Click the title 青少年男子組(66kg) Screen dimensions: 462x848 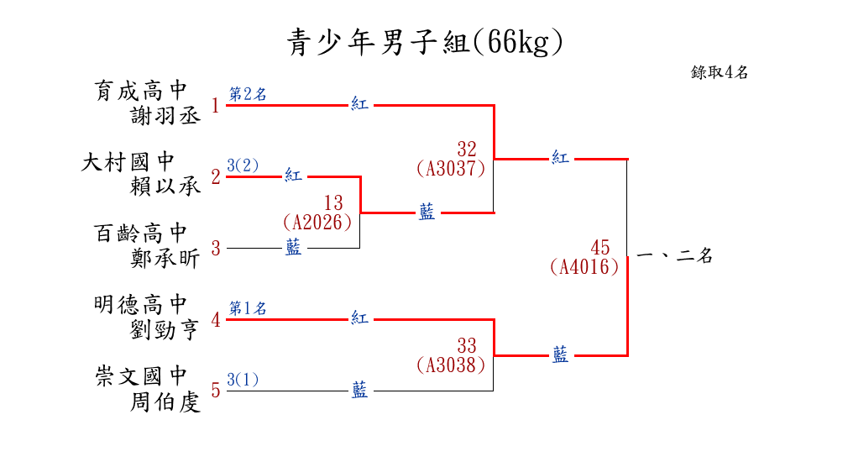coord(424,42)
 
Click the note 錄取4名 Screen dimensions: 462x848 coord(720,72)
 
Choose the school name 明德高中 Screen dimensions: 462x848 coord(140,304)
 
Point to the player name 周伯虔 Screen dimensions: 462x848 coord(165,402)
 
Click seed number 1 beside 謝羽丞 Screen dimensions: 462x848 coord(216,106)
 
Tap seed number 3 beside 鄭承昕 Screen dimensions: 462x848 coord(216,249)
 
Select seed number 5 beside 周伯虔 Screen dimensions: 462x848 coord(216,391)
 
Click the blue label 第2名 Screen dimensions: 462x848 coord(248,94)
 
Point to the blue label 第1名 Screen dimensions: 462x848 coord(248,308)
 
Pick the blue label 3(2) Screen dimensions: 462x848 coord(243,165)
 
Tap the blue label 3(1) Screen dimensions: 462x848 coord(243,379)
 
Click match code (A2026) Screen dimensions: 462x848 coord(317,223)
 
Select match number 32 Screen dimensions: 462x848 coord(467,150)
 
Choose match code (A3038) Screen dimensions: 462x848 coord(451,365)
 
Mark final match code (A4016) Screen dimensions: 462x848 coord(584,267)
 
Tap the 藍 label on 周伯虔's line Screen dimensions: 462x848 coord(359,390)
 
